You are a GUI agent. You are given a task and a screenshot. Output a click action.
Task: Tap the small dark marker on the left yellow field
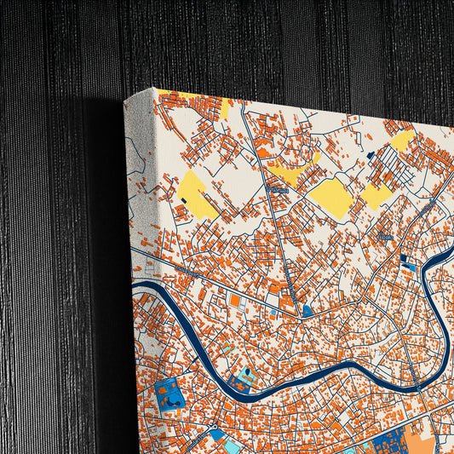click(x=184, y=199)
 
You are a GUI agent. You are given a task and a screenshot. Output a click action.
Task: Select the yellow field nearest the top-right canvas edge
click(x=402, y=141)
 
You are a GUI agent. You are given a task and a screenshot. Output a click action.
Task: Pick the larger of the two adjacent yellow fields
click(x=330, y=197)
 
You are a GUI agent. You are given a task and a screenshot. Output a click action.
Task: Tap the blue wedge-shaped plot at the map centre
click(x=307, y=312)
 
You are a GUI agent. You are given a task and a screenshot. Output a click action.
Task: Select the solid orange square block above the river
click(x=235, y=301)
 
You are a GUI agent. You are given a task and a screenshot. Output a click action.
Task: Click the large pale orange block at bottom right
click(x=422, y=444)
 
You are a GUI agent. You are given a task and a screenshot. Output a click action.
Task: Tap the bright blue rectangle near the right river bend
click(x=409, y=267)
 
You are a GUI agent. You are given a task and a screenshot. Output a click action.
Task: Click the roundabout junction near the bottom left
click(x=216, y=426)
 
